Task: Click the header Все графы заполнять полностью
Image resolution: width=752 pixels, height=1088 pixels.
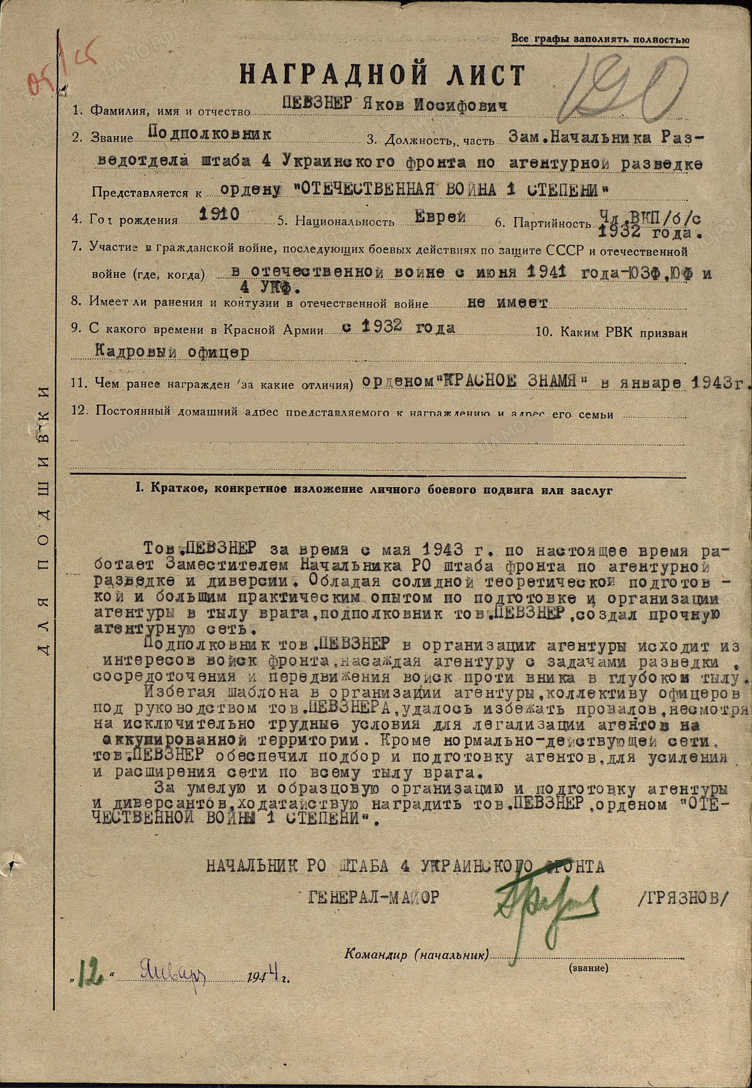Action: pyautogui.click(x=600, y=39)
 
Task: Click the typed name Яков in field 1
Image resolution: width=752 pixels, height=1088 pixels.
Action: pyautogui.click(x=384, y=105)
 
